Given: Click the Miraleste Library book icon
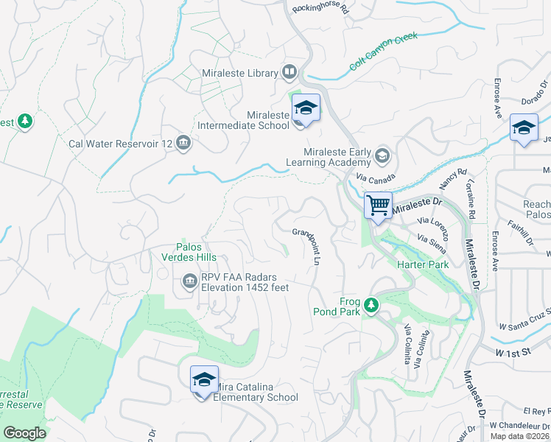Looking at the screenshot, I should point(289,72).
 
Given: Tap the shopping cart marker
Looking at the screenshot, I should point(378,205).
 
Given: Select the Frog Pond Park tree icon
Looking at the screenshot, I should point(371,304).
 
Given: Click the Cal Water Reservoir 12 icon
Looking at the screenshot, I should point(184,144).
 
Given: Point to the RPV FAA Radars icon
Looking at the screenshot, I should point(189,281).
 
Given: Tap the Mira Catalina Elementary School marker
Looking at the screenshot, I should point(204,380).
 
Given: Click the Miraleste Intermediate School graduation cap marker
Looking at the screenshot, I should point(306,109).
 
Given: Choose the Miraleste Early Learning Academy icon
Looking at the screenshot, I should point(382,155).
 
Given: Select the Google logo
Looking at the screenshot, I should point(24,433).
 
